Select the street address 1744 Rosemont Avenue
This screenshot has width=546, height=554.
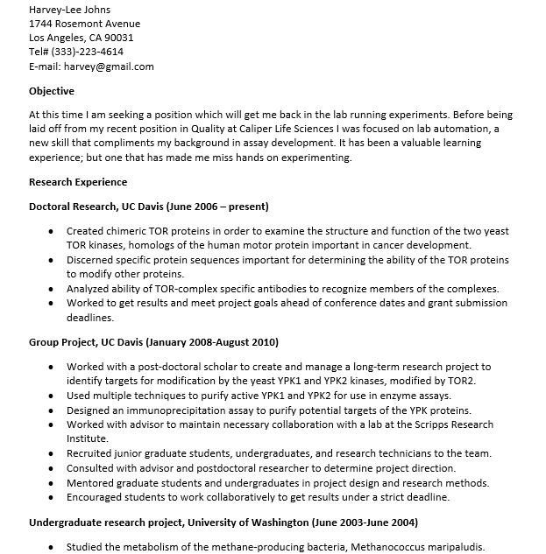84,24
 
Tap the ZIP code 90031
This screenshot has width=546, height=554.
117,38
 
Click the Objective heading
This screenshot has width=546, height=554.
52,91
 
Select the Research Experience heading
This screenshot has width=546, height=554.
78,182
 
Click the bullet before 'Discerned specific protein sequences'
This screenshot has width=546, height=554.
53,261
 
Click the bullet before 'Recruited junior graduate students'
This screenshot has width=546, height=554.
53,453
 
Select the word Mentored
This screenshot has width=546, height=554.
91,483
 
